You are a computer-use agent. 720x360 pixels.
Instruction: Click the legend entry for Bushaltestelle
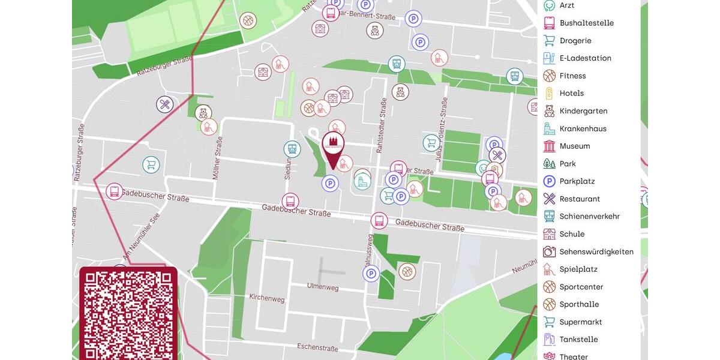click(586, 23)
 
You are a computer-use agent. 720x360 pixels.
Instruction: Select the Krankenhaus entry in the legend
click(583, 128)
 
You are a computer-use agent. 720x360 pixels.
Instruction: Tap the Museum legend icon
click(549, 146)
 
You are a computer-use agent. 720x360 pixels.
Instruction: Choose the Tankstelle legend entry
click(578, 339)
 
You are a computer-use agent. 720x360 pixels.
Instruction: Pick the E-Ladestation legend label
click(585, 58)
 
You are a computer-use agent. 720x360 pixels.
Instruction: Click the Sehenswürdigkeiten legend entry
click(596, 251)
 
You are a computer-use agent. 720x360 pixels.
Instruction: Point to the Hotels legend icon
click(549, 93)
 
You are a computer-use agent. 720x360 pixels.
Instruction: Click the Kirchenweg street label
click(267, 298)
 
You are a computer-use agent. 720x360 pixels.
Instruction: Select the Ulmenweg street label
click(323, 287)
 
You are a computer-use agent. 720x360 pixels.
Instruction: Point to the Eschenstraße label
click(322, 347)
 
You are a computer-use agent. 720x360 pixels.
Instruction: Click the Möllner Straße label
click(217, 158)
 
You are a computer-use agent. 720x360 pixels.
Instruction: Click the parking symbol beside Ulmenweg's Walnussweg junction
click(371, 274)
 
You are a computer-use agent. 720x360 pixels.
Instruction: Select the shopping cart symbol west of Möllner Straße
click(151, 164)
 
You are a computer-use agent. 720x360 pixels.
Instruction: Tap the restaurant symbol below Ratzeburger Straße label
click(165, 104)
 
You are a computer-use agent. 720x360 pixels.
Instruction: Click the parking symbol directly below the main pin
click(330, 184)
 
